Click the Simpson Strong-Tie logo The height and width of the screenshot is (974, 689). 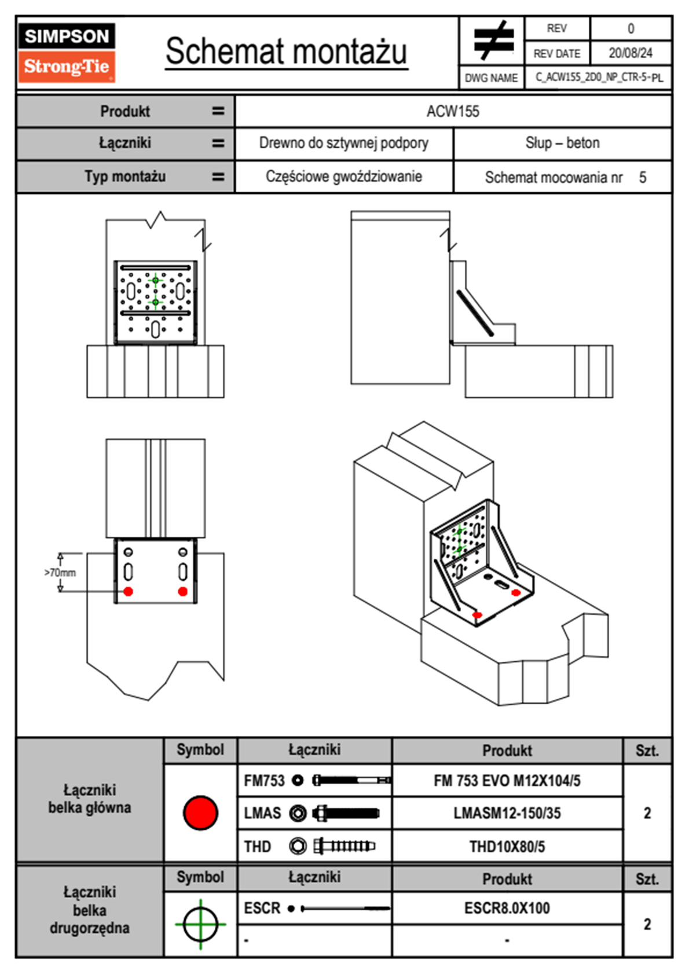66,52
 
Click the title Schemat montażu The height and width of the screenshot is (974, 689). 287,52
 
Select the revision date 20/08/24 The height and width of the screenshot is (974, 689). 630,53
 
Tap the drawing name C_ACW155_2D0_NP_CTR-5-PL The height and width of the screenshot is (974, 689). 599,78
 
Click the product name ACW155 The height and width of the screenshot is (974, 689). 453,111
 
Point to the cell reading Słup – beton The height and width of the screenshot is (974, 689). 562,143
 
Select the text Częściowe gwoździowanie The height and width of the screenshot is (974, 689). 343,177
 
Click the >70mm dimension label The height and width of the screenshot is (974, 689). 60,573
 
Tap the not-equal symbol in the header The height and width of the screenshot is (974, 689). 493,41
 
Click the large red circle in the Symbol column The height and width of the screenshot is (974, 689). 200,812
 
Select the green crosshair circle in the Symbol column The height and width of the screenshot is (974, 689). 200,924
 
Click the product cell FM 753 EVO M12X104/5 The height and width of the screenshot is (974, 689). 507,781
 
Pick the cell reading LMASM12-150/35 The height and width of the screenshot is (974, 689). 507,813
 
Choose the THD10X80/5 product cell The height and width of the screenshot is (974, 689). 507,847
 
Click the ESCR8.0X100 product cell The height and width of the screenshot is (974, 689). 507,908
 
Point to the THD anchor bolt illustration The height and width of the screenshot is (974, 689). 344,846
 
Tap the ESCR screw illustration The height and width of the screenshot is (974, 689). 345,909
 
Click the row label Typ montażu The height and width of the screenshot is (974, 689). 125,177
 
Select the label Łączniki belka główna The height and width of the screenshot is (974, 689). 90,799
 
